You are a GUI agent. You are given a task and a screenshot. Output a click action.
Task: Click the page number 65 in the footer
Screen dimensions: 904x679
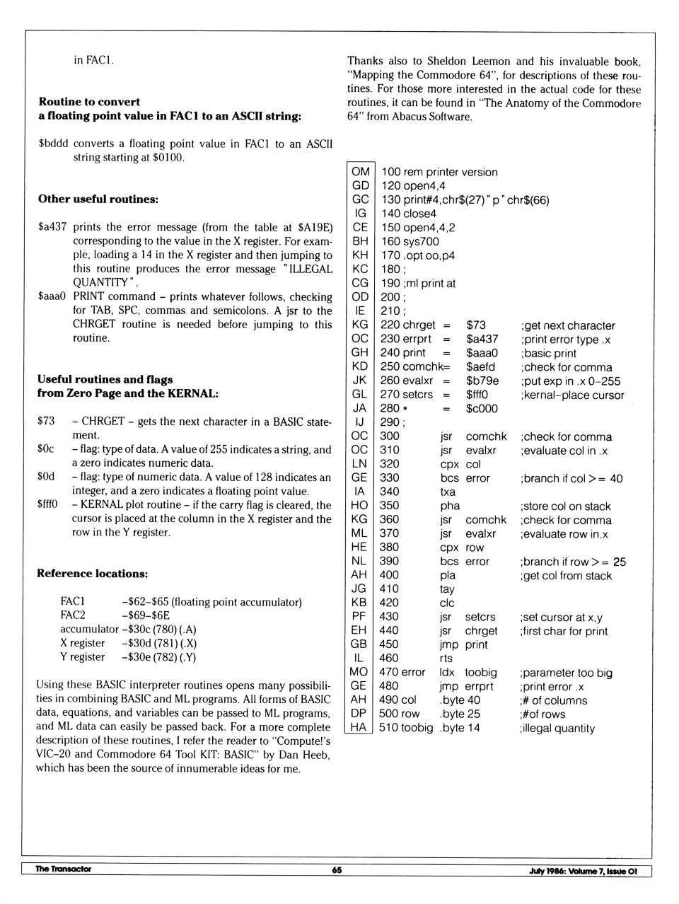point(337,870)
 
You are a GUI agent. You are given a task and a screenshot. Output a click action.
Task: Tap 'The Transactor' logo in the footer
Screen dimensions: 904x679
point(63,869)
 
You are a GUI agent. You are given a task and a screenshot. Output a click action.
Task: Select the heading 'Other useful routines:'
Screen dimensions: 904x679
point(98,199)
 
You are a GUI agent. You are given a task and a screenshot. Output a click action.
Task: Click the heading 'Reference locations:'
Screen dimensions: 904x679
point(93,574)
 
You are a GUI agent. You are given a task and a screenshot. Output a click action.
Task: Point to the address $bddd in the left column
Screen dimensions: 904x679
point(53,144)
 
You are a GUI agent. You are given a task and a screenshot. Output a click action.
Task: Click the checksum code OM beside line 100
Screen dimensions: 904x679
point(360,172)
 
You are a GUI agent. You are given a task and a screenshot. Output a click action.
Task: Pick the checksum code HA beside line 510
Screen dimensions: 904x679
point(359,727)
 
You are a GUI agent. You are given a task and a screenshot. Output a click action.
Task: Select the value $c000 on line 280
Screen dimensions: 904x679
point(482,408)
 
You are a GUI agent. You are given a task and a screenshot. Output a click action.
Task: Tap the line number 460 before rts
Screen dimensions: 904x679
point(389,658)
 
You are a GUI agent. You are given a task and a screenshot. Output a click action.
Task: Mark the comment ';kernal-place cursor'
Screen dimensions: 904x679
point(572,395)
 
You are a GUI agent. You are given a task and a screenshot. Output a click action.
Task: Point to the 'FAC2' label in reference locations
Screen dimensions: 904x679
point(72,615)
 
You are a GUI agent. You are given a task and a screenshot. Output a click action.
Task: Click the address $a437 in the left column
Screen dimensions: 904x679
point(52,227)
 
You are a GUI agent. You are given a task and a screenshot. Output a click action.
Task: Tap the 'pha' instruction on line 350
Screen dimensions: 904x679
point(449,506)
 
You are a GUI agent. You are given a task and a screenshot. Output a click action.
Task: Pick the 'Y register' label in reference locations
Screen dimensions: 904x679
point(82,657)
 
